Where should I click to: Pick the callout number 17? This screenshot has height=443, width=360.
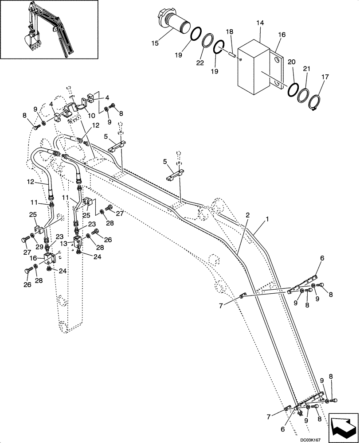[x=326, y=77]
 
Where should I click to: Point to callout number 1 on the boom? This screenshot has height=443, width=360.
[x=266, y=219]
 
